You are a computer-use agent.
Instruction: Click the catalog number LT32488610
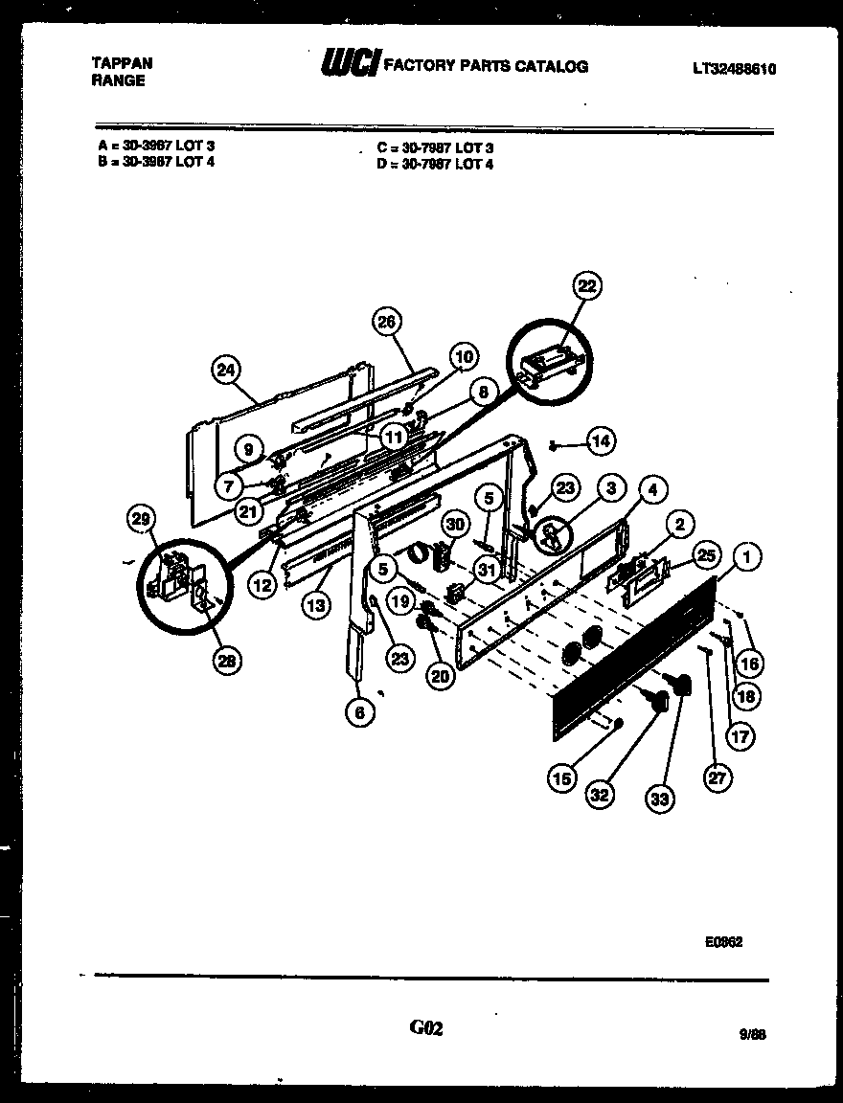pyautogui.click(x=734, y=68)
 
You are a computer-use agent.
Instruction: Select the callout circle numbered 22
pyautogui.click(x=586, y=285)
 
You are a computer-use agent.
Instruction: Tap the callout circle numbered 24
pyautogui.click(x=227, y=371)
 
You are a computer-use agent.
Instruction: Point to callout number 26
pyautogui.click(x=386, y=322)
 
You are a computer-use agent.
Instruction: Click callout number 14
pyautogui.click(x=601, y=441)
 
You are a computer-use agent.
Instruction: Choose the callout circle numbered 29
pyautogui.click(x=142, y=519)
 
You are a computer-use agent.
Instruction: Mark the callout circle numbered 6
pyautogui.click(x=360, y=712)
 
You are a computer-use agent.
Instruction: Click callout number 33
pyautogui.click(x=659, y=799)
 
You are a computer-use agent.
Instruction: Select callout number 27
pyautogui.click(x=717, y=777)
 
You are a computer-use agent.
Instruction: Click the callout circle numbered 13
pyautogui.click(x=316, y=604)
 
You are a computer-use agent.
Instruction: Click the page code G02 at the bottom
pyautogui.click(x=426, y=1028)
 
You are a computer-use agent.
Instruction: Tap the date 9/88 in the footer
pyautogui.click(x=752, y=1034)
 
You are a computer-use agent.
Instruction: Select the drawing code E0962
pyautogui.click(x=723, y=941)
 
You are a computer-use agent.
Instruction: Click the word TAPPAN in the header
pyautogui.click(x=122, y=63)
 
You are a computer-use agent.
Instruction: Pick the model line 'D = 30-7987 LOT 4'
pyautogui.click(x=435, y=164)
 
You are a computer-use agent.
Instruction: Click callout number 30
pyautogui.click(x=454, y=524)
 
